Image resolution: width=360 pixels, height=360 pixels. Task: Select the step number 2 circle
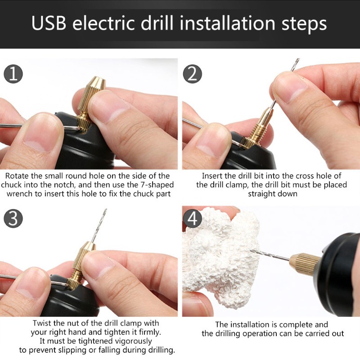[x=193, y=73]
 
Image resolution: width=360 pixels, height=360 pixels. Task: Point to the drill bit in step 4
[x=270, y=256]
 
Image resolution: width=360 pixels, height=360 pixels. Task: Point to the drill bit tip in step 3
[x=105, y=211]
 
